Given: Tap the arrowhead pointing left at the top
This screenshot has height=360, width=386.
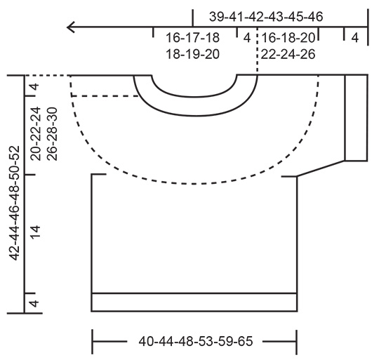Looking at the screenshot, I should pyautogui.click(x=71, y=27).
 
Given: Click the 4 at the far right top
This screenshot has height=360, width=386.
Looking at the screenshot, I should pyautogui.click(x=355, y=38).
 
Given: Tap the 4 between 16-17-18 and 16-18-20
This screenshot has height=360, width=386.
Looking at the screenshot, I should pyautogui.click(x=247, y=38).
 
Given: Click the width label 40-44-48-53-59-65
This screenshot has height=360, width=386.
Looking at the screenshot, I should pyautogui.click(x=195, y=342).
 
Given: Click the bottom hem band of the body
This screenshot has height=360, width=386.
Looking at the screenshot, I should pyautogui.click(x=194, y=302).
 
